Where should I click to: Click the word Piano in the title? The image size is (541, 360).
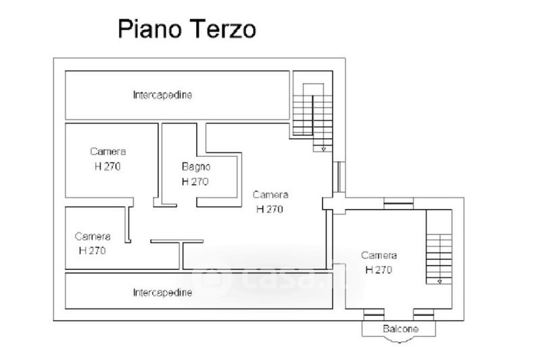click(141, 30)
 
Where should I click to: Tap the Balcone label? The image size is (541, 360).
click(400, 329)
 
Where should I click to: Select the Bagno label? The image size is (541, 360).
click(196, 166)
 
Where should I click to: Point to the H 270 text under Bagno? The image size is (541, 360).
click(195, 181)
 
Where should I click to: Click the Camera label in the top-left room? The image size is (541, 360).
click(108, 152)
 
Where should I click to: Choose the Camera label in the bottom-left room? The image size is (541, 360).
click(93, 236)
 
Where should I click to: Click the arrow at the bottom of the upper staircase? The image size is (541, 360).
click(323, 148)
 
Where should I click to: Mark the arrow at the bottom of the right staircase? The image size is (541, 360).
click(440, 280)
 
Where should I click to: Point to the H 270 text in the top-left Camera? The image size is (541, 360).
click(108, 166)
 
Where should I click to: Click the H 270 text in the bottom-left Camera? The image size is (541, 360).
click(93, 250)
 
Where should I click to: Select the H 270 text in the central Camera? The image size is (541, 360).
click(270, 208)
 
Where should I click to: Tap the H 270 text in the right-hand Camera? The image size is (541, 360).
click(379, 269)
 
